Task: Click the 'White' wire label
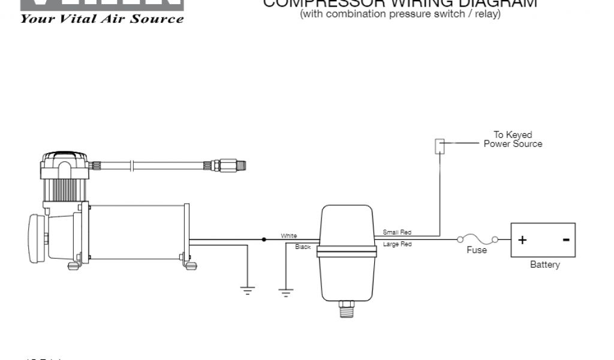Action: tap(288, 236)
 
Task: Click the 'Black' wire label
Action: tap(303, 247)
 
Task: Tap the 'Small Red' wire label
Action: tap(397, 232)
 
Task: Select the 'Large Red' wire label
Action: tap(397, 245)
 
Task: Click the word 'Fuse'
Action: tap(477, 250)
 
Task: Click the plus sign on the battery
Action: tap(522, 240)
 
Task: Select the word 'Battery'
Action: tap(544, 265)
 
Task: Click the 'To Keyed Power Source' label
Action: tap(513, 139)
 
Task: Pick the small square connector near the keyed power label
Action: tap(440, 145)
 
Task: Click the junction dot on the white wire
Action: tap(264, 239)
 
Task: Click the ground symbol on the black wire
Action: tap(286, 292)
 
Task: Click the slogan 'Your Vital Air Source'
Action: tap(102, 19)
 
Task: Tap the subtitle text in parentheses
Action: tap(400, 14)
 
